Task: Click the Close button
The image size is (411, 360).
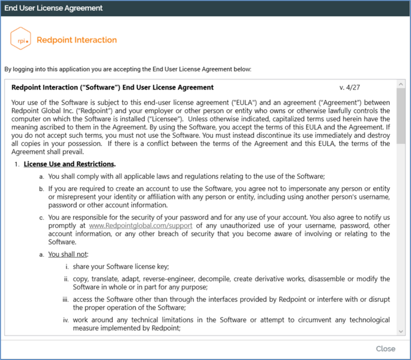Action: (x=385, y=348)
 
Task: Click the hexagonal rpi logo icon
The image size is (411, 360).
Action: (x=21, y=39)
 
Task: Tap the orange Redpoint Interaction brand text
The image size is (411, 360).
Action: (x=77, y=40)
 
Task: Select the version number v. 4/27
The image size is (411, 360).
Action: (x=349, y=87)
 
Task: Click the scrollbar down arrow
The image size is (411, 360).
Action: (x=401, y=331)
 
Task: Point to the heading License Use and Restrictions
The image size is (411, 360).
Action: (x=69, y=164)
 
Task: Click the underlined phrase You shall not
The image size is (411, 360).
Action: (x=68, y=254)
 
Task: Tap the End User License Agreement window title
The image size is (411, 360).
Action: (x=53, y=8)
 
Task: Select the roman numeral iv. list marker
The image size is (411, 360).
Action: (x=66, y=320)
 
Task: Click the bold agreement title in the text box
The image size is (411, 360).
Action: (x=112, y=87)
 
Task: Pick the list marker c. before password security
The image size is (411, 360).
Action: (x=42, y=218)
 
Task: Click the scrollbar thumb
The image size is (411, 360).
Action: (x=401, y=116)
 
